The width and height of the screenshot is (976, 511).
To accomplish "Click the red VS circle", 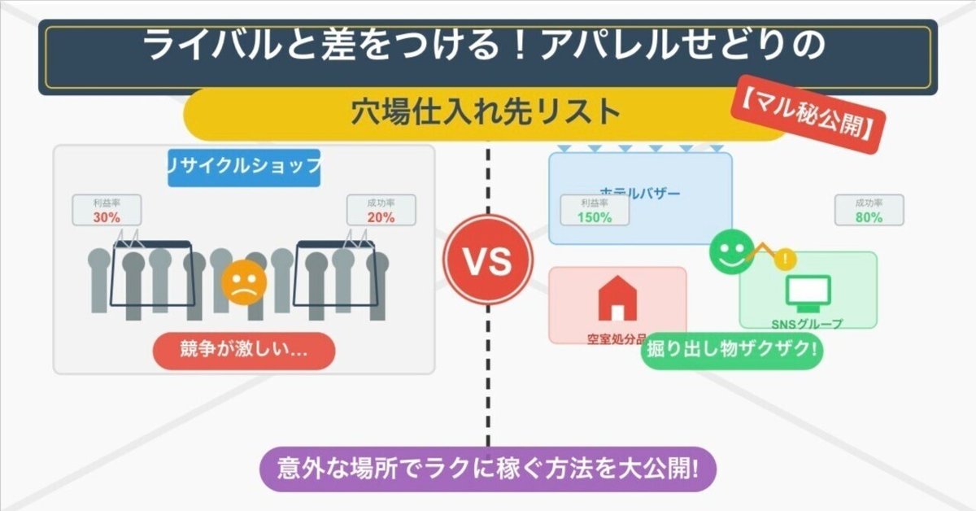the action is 488,260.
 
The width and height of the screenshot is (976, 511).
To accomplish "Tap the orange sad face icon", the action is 243,282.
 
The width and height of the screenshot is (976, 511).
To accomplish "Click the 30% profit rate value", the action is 107,217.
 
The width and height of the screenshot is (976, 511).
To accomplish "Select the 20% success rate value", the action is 381,217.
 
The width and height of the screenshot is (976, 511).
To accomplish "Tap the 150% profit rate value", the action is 594,217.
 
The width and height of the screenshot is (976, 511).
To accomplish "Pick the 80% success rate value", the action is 869,217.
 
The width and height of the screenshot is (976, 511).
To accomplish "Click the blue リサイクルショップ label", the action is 244,167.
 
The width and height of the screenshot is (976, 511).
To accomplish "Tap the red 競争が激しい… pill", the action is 245,351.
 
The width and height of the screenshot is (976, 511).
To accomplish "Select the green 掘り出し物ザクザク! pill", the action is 732,351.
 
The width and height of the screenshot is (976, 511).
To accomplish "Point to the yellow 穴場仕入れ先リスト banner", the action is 486,112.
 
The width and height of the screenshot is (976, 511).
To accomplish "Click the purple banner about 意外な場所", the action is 487,470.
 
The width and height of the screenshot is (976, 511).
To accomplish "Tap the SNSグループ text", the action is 807,324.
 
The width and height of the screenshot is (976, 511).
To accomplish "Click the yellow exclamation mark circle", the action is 785,260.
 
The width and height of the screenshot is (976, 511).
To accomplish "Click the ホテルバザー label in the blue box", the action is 639,194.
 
